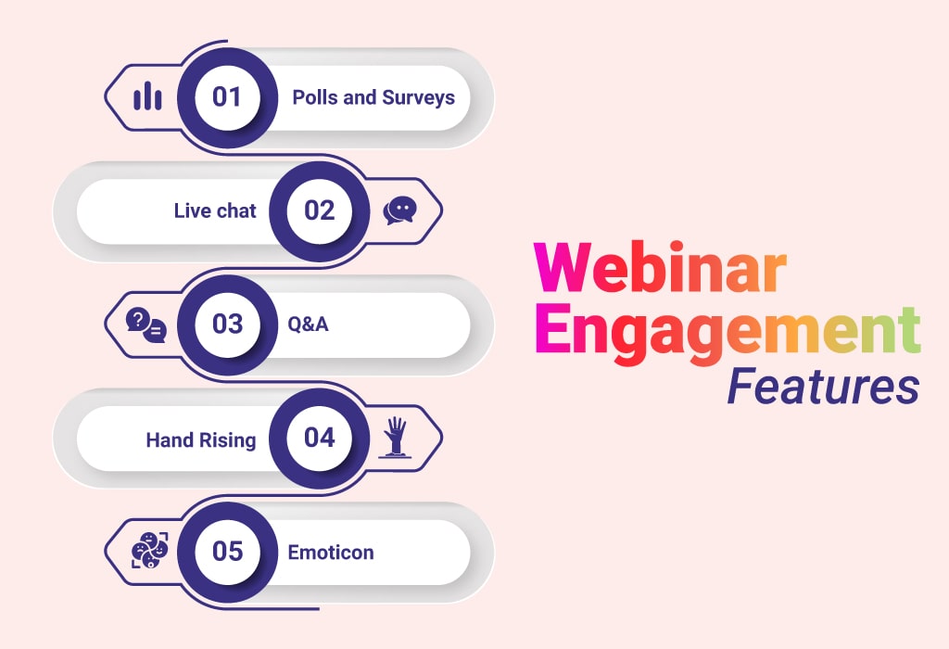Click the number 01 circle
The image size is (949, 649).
coord(228,97)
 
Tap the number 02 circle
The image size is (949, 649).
coord(320,211)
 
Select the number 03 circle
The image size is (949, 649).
coord(228,324)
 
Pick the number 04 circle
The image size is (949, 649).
coord(320,439)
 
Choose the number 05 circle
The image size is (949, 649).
coord(228,552)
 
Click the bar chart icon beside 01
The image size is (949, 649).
coord(147,96)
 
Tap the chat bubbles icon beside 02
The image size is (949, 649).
coord(400,210)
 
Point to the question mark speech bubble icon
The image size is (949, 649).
coord(146,324)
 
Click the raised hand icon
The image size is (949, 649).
coord(395,437)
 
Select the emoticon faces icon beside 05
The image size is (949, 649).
coord(149,551)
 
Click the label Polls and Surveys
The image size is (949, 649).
coord(373,97)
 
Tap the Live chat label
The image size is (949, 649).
coord(215,210)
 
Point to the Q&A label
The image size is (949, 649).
coord(308,324)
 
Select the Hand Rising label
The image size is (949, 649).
coord(201,440)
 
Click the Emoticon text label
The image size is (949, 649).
coord(331,553)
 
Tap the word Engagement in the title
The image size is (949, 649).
coord(728,330)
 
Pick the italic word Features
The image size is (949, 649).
coord(823,387)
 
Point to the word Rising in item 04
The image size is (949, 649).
coord(228,440)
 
